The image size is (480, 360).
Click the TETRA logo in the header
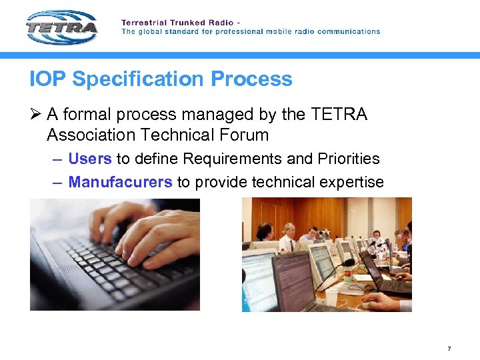click(x=62, y=27)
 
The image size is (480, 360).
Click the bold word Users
click(x=90, y=159)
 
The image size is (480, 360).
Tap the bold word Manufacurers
click(x=120, y=182)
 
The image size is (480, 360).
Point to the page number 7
click(x=449, y=349)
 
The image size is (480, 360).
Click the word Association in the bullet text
click(x=90, y=135)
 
